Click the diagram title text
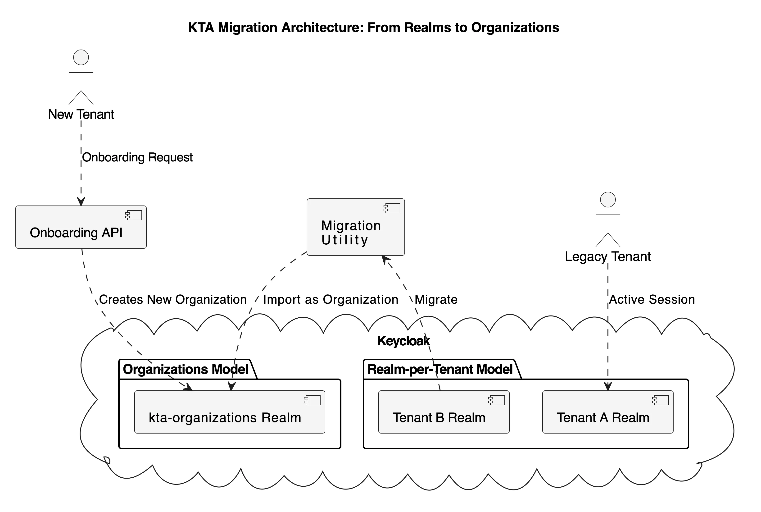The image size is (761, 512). pyautogui.click(x=374, y=28)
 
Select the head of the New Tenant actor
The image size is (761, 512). pyautogui.click(x=81, y=57)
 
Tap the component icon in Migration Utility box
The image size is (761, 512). pyautogui.click(x=392, y=208)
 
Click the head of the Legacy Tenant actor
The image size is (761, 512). pyautogui.click(x=608, y=200)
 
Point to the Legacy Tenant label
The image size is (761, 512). pyautogui.click(x=608, y=257)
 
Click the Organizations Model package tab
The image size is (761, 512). pyautogui.click(x=186, y=370)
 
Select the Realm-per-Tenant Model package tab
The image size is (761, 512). pyautogui.click(x=440, y=370)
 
